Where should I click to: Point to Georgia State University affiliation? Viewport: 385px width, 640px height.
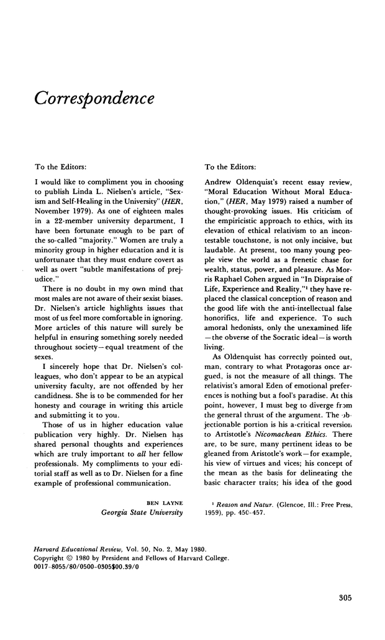(142, 512)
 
